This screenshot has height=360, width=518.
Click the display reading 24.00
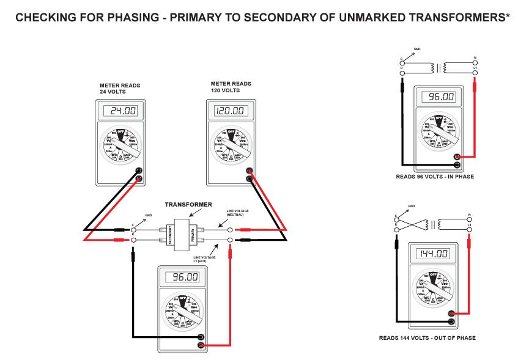point(120,111)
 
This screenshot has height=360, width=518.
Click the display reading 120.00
point(229,111)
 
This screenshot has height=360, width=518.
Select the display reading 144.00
point(434,254)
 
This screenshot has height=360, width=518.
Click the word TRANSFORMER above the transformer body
point(189,204)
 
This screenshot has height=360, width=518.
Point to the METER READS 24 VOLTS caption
point(116,89)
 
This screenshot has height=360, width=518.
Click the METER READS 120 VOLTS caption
point(230,87)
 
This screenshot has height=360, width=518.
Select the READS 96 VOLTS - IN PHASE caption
point(434,177)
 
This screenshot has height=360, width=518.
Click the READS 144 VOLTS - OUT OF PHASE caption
point(427,338)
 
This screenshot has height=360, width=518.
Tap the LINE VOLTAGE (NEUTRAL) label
point(238,213)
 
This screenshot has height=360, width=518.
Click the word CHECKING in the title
point(45,18)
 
